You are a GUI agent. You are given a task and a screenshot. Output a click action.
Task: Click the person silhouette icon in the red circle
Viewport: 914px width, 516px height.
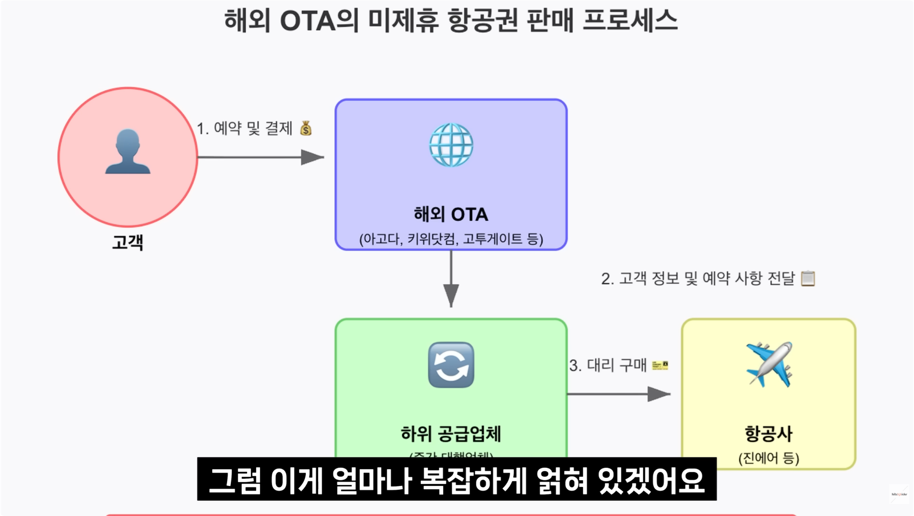point(128,151)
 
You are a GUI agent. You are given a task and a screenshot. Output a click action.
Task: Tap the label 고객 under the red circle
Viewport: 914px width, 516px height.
point(128,242)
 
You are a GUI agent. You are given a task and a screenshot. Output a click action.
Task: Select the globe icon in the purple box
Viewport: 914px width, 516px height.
point(451,145)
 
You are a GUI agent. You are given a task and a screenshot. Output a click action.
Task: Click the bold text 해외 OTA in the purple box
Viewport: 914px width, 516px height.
point(451,215)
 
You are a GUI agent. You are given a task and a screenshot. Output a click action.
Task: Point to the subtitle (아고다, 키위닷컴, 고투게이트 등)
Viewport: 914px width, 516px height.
point(451,239)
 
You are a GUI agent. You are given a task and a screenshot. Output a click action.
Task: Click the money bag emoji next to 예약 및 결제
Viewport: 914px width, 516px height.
point(306,129)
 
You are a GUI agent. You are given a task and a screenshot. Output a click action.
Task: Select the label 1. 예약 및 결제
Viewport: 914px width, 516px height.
point(245,129)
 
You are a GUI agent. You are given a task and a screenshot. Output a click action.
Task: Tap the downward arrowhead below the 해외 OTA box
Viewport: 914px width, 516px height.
point(451,295)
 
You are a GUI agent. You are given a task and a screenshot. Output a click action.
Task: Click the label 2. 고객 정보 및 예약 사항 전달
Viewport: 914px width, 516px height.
point(698,279)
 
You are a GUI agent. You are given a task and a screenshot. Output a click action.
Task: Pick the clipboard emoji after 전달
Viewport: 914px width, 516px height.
point(808,279)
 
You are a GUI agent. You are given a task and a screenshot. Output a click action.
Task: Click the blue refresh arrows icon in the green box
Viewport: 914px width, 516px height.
point(451,365)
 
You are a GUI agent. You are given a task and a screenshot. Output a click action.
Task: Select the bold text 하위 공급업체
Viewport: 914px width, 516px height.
point(451,434)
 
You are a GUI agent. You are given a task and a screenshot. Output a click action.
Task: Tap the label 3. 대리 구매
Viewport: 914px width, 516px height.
point(608,366)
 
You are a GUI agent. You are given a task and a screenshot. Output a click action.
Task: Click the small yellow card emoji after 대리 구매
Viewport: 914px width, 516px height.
point(660,366)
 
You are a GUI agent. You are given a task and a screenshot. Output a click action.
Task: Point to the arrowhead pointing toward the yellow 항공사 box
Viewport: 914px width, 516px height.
point(658,394)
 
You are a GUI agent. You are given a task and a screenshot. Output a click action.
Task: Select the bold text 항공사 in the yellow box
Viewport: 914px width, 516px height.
point(769,434)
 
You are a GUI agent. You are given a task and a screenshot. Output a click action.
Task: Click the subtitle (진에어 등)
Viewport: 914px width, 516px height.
point(769,458)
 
